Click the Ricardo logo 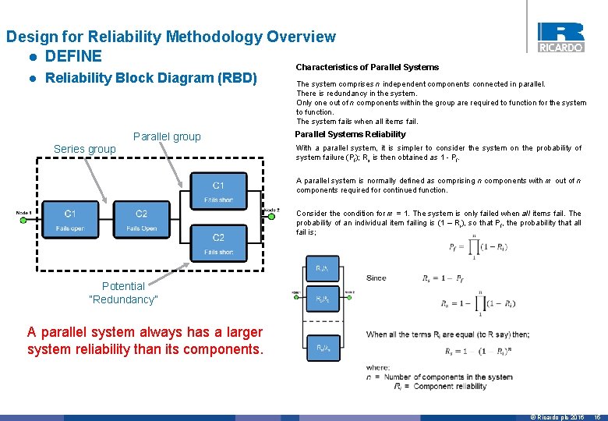pos(560,36)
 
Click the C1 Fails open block pos(70,220)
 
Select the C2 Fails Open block pos(141,220)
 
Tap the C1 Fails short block pos(218,192)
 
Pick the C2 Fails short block pos(218,243)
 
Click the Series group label pos(84,149)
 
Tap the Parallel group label pos(167,136)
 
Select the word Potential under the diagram pos(123,285)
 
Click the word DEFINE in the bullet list pos(73,56)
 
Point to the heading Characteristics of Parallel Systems pos(367,67)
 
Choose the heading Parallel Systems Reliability pos(350,134)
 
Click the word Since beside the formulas pos(376,278)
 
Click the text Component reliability pos(451,386)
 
